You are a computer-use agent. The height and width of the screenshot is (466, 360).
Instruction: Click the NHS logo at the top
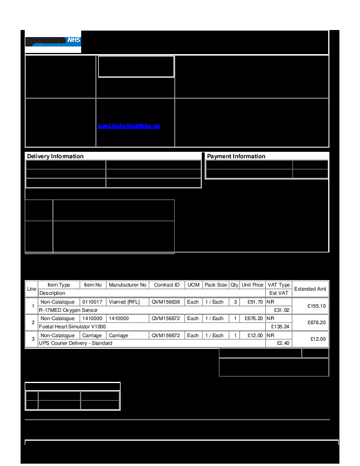(x=53, y=42)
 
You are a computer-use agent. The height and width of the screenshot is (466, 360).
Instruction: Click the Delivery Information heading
(x=55, y=157)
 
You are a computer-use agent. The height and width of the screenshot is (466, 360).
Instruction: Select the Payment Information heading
(x=236, y=157)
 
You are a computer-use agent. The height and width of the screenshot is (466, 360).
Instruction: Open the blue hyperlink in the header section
(x=129, y=126)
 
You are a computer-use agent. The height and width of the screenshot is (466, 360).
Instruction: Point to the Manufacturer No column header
(x=128, y=285)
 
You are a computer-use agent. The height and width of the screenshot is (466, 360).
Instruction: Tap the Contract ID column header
(x=166, y=285)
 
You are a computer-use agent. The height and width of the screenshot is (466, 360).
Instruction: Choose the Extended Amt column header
(x=310, y=289)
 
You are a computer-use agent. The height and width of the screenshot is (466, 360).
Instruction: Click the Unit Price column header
(x=252, y=285)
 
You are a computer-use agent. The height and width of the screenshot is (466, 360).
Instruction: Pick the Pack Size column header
(x=215, y=285)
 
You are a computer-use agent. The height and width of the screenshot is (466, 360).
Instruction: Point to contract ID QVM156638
(x=165, y=302)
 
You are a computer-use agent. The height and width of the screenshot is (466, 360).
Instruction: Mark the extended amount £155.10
(x=316, y=306)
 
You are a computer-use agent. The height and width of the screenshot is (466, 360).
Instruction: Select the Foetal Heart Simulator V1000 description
(x=72, y=326)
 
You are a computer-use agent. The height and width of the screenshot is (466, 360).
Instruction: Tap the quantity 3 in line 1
(x=235, y=302)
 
